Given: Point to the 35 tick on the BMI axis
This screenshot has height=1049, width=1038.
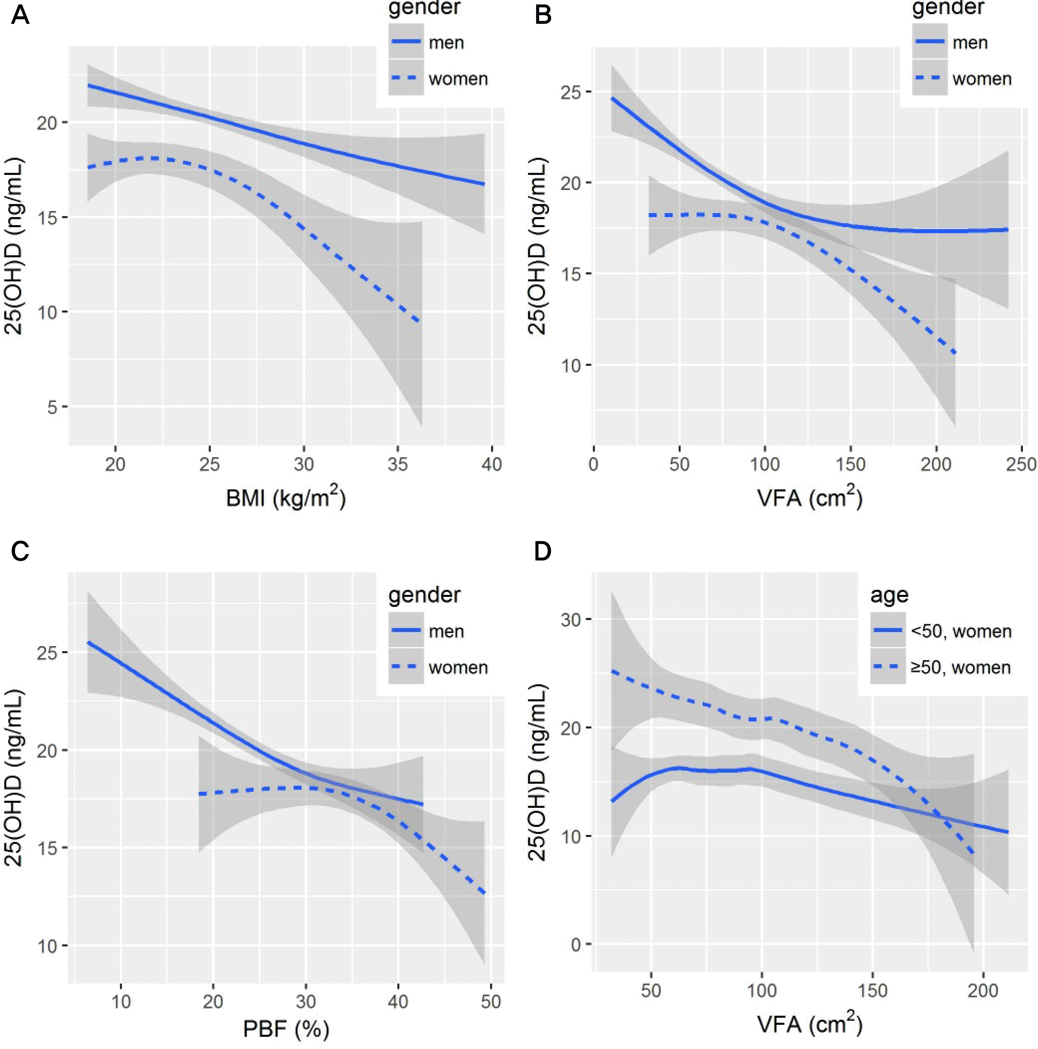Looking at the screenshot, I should (x=399, y=465).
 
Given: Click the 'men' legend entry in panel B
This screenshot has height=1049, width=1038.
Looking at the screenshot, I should (x=970, y=42).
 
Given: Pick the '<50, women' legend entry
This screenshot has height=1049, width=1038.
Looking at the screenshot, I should (x=960, y=631).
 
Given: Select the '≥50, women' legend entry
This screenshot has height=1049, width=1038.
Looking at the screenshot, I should (x=960, y=667).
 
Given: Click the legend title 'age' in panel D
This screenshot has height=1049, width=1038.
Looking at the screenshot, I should (x=889, y=595).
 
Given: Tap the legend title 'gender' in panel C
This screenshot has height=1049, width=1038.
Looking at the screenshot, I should (x=424, y=595).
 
